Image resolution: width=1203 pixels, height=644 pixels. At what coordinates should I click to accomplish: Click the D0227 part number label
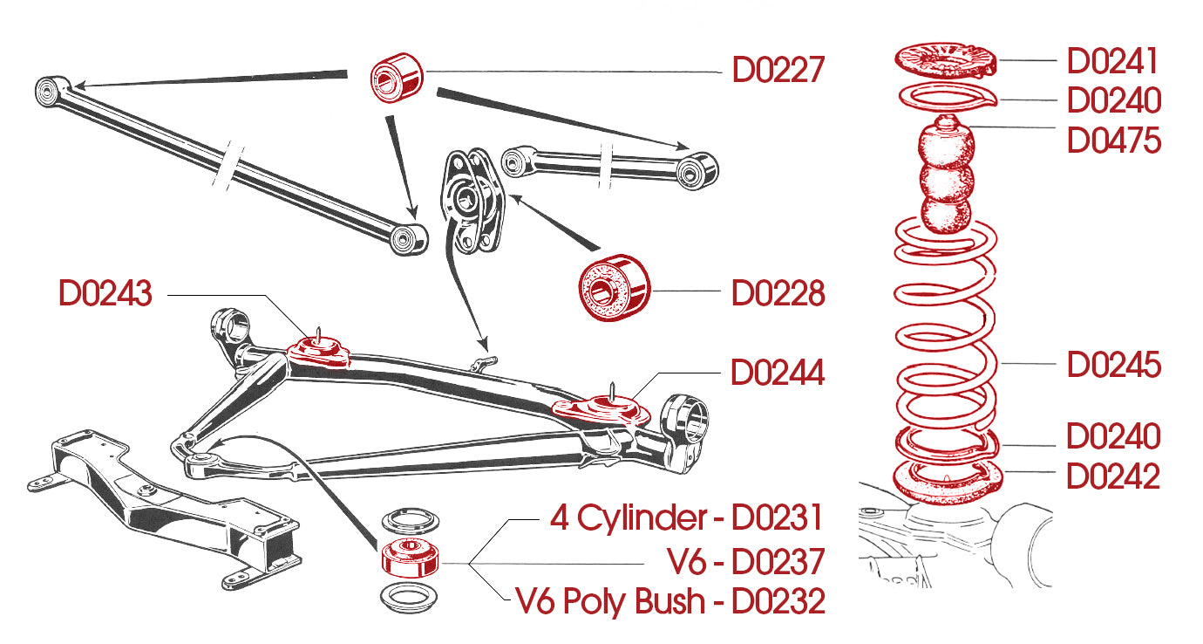(x=778, y=70)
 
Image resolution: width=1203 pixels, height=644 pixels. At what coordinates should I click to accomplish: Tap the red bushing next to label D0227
(x=396, y=77)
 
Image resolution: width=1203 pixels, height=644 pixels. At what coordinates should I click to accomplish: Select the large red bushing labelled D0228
(x=615, y=287)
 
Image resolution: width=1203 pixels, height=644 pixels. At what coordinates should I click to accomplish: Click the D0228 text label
(x=778, y=294)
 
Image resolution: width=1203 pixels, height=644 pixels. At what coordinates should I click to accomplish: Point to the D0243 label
(x=105, y=294)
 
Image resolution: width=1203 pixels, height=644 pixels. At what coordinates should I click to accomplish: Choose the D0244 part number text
(x=778, y=373)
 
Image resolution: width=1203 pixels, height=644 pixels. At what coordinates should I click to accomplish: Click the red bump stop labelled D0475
(x=947, y=179)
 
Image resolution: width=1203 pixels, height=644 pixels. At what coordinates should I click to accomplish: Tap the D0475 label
(x=1113, y=140)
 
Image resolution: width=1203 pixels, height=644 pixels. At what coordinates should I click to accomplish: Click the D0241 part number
(x=1113, y=62)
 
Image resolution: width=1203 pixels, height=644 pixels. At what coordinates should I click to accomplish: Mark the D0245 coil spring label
(x=1113, y=365)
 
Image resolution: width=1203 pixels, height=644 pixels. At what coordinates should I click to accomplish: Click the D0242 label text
(x=1113, y=477)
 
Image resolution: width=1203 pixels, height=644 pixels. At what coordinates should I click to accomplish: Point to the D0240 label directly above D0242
(x=1113, y=436)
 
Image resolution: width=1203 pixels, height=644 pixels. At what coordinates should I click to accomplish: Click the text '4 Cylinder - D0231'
(x=686, y=518)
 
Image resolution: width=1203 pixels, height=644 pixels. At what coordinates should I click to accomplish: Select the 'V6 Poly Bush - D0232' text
(x=670, y=601)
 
